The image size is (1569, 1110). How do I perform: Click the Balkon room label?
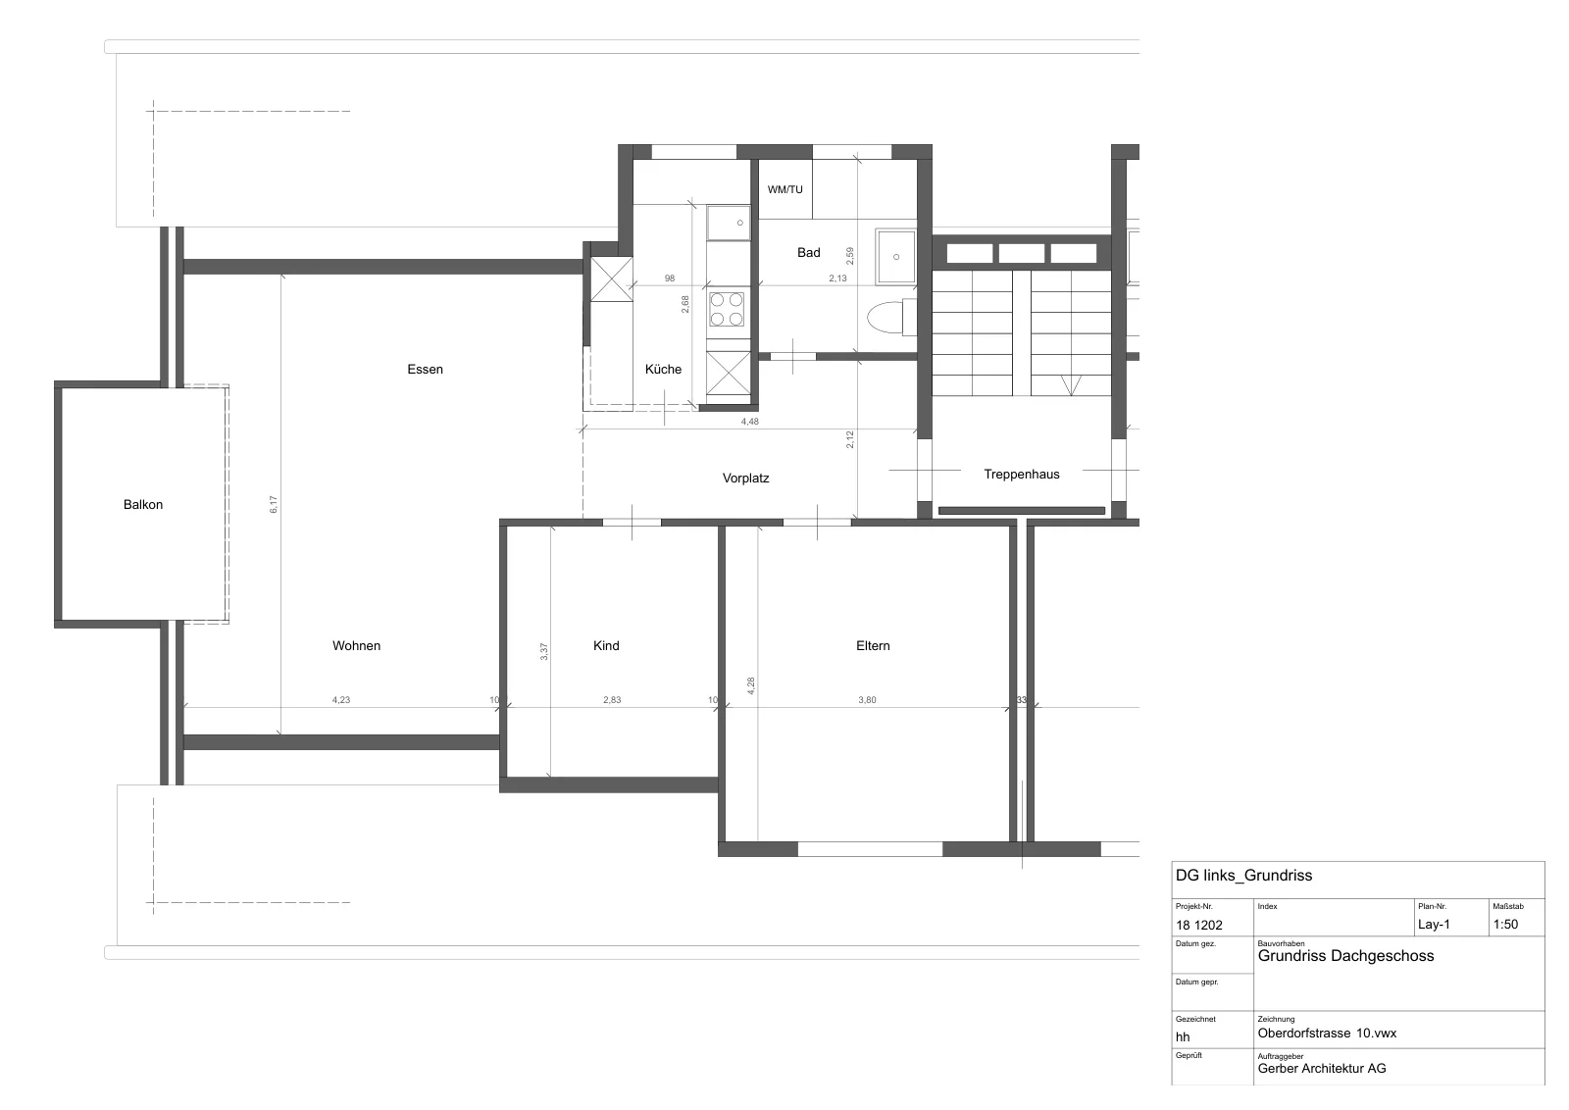(143, 504)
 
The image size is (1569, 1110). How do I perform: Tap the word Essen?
(426, 369)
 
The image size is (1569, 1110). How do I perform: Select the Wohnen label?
(357, 645)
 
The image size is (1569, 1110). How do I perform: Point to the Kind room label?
(606, 645)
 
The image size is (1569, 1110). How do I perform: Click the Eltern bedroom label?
(873, 645)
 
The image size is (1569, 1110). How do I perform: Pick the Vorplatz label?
(746, 479)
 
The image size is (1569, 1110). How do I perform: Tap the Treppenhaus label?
(1021, 475)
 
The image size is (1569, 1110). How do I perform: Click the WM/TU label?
(785, 190)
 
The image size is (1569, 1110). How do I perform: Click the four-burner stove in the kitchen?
(727, 310)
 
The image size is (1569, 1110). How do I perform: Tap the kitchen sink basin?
(729, 223)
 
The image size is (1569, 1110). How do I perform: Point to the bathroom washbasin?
(896, 257)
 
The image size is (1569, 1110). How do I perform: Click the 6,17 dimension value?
(274, 504)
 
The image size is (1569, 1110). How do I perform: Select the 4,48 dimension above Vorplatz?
(749, 422)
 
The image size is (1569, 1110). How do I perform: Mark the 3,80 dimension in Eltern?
(867, 699)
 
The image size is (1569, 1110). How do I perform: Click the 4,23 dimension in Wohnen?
(341, 699)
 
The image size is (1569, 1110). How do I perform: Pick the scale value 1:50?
(1505, 925)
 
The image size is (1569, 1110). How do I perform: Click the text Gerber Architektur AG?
(1322, 1068)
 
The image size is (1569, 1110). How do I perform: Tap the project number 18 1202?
(1199, 925)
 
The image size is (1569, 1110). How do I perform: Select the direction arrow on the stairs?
(1071, 385)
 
